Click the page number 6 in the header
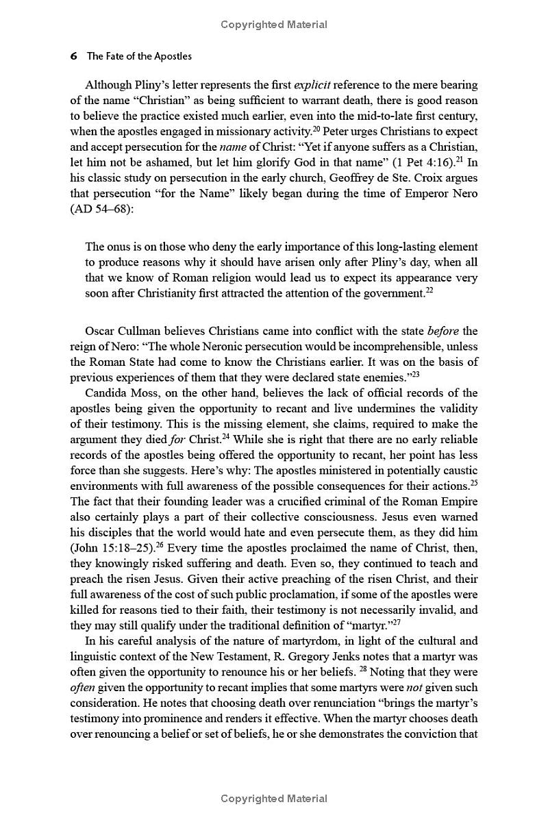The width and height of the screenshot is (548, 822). click(x=73, y=56)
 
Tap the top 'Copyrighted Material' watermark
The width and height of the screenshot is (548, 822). click(x=274, y=25)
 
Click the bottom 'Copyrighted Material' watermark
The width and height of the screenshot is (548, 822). click(x=274, y=799)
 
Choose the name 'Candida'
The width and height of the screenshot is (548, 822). click(x=106, y=393)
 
